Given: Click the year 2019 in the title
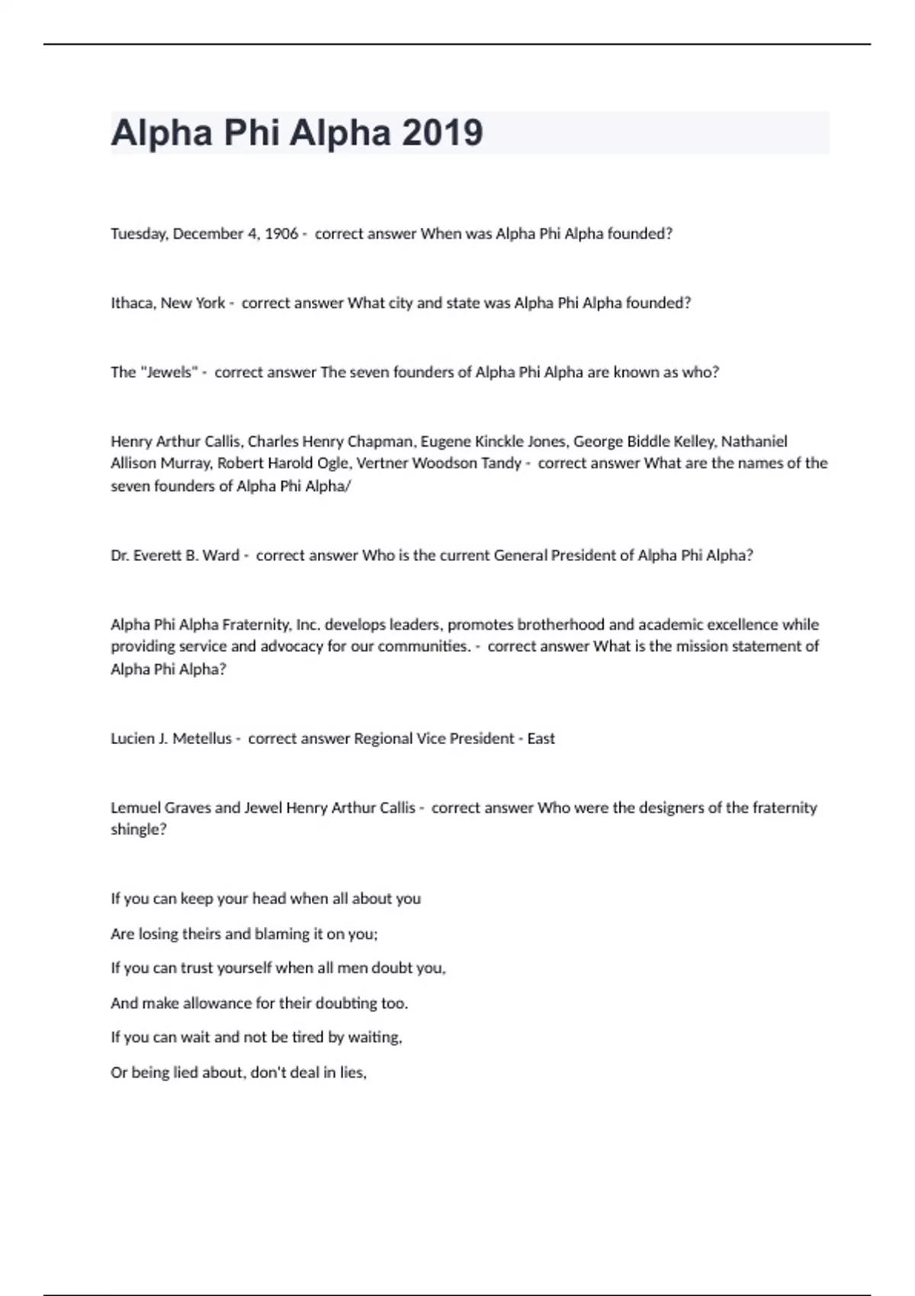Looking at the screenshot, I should pyautogui.click(x=442, y=133).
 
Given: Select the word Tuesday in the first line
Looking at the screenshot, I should pyautogui.click(x=138, y=234).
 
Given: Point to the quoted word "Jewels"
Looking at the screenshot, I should pyautogui.click(x=169, y=372).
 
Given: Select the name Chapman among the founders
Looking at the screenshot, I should pyautogui.click(x=380, y=441).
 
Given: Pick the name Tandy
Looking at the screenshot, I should pyautogui.click(x=501, y=463).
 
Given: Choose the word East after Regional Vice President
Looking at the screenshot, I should pyautogui.click(x=541, y=738).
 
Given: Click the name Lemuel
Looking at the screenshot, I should pyautogui.click(x=135, y=807).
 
